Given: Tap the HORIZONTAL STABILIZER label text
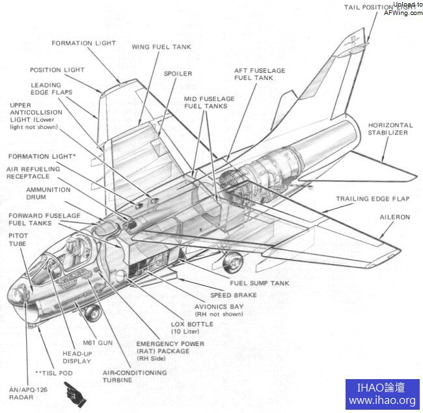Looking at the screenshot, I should tap(390, 129).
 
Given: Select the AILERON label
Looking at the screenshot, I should tap(394, 217).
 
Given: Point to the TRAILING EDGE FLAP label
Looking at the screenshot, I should tap(373, 199).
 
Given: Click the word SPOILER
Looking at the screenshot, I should tap(178, 74).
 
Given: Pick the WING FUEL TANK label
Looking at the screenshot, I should tap(161, 47).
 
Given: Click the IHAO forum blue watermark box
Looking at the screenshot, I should tap(382, 394).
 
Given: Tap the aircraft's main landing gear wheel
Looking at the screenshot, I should tap(232, 263).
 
